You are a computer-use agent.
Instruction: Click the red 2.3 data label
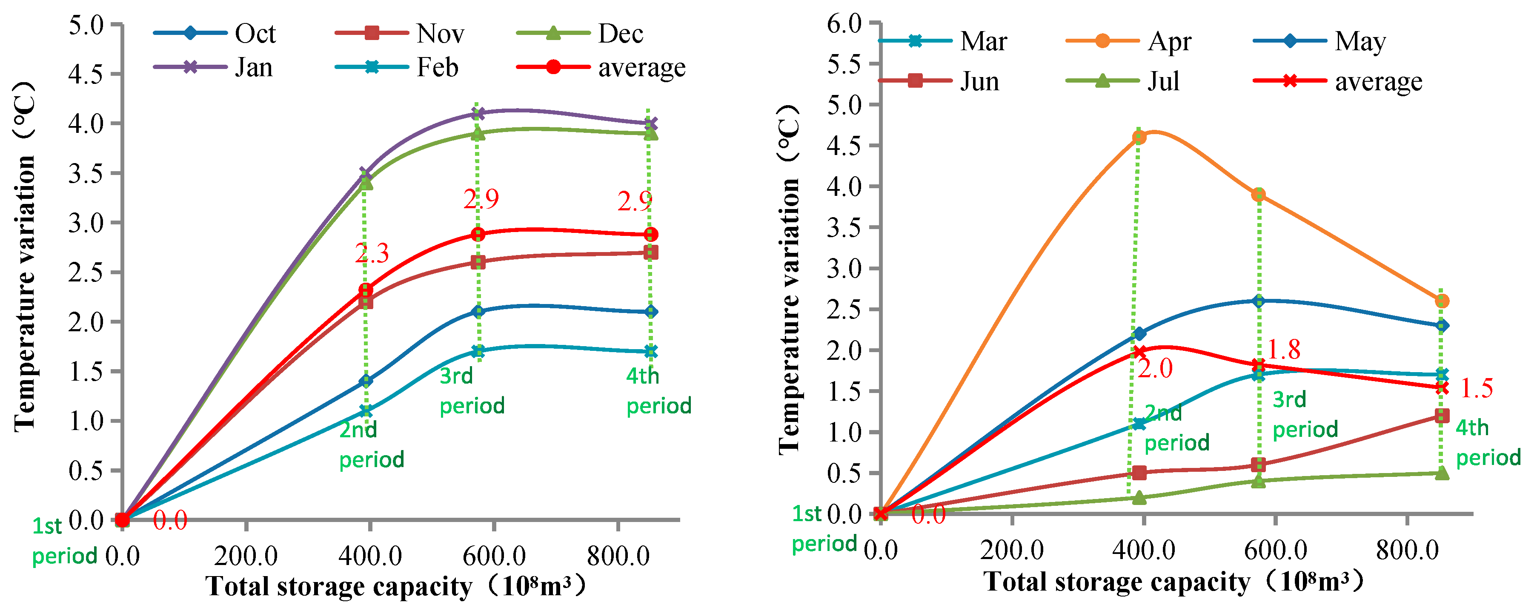372,254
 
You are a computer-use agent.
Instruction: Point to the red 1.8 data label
1283,350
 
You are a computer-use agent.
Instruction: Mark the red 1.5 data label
1476,388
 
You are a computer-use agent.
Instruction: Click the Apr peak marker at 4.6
1139,137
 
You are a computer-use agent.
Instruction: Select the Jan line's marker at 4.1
477,113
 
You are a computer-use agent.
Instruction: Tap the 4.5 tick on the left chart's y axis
86,74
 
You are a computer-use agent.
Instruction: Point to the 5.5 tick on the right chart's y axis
844,64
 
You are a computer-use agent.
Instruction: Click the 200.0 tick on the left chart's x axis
246,556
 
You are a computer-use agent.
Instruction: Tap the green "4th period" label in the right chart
1488,443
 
